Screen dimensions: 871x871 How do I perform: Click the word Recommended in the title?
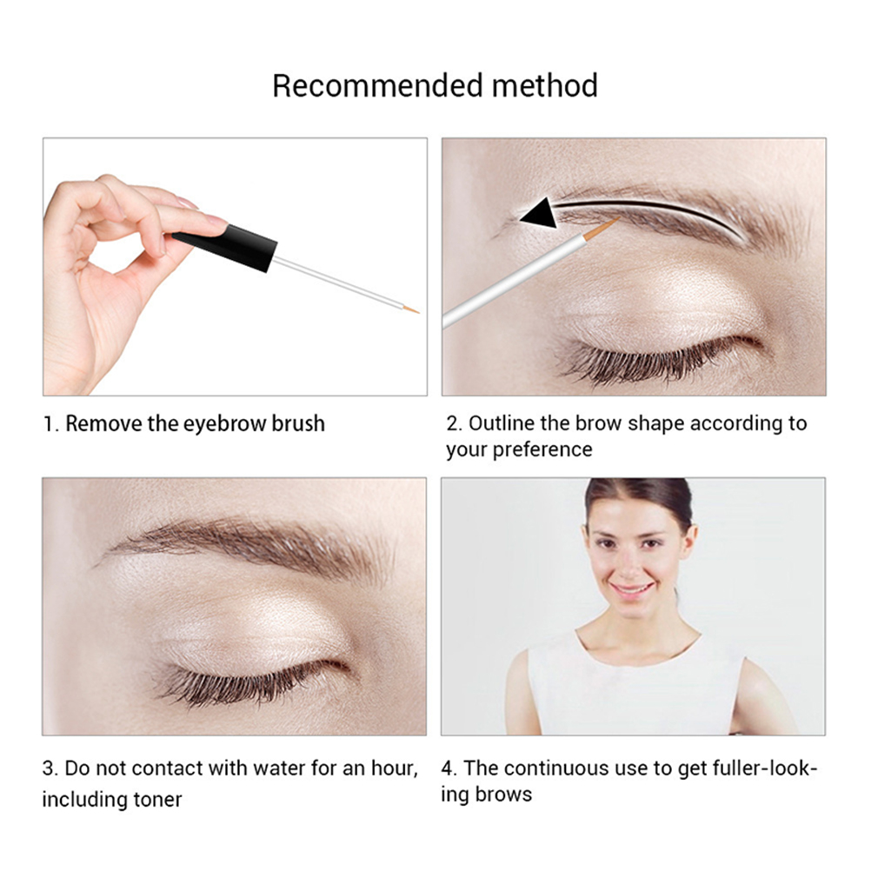click(376, 86)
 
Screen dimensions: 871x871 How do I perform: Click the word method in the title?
click(544, 86)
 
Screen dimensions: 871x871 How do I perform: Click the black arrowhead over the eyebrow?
click(540, 213)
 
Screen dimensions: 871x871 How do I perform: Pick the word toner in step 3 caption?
click(157, 800)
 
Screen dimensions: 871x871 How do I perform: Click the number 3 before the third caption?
click(49, 768)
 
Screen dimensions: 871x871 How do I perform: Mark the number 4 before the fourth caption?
click(448, 768)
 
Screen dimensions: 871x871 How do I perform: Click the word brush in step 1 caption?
click(298, 424)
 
